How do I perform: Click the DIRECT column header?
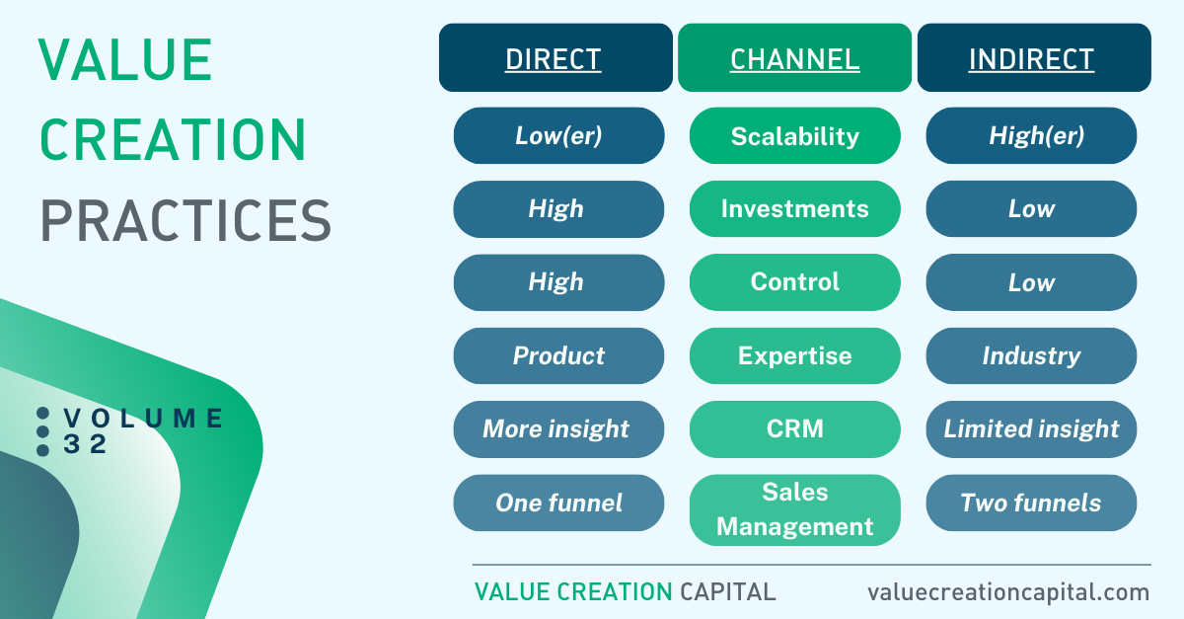point(555,57)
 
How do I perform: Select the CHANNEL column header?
point(794,57)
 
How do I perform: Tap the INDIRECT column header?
point(1034,57)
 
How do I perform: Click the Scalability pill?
point(794,135)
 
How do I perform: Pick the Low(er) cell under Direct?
point(558,135)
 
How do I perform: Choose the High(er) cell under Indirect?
point(1031,135)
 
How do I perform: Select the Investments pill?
point(794,209)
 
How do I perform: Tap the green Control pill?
point(794,282)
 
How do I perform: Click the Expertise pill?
point(794,355)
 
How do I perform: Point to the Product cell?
point(558,355)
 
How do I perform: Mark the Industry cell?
point(1031,355)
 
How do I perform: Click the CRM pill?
point(794,429)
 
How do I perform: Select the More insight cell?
point(558,429)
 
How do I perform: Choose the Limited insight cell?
point(1031,429)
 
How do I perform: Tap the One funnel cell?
point(558,503)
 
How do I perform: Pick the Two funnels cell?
point(1031,503)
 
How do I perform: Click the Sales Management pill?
point(794,509)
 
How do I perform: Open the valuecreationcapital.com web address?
point(1008,592)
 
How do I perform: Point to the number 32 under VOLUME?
point(85,444)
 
